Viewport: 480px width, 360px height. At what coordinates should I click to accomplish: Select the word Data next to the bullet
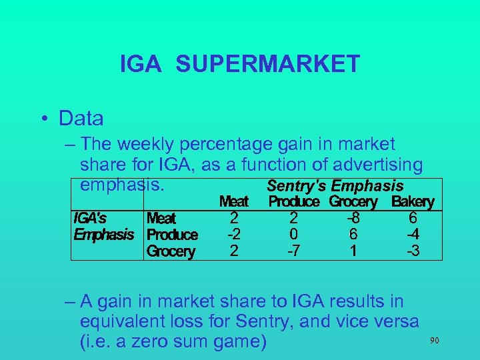(x=81, y=119)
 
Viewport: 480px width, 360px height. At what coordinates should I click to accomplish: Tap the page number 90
(x=435, y=341)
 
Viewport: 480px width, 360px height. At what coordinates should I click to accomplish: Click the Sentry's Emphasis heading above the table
(x=335, y=186)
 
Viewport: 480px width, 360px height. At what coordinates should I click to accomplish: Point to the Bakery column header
(x=413, y=201)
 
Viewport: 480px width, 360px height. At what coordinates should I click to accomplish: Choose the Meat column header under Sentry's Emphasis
(x=233, y=201)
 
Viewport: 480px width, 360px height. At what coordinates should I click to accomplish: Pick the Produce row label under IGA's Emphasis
(x=171, y=235)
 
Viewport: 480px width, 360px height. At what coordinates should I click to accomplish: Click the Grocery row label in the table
(x=171, y=251)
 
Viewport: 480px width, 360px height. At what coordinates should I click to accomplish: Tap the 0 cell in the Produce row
(x=293, y=235)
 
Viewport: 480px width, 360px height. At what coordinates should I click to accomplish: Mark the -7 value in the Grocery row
(x=293, y=251)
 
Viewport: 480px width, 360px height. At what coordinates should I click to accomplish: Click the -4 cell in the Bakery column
(x=413, y=235)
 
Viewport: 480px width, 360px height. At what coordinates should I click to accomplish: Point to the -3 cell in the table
(x=413, y=251)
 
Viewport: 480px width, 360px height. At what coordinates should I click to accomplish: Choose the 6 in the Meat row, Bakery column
(x=413, y=218)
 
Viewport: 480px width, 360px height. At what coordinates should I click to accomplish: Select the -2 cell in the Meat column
(x=233, y=235)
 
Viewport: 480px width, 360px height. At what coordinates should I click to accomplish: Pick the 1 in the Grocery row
(x=353, y=251)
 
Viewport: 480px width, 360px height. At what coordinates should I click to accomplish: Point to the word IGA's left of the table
(x=90, y=218)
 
